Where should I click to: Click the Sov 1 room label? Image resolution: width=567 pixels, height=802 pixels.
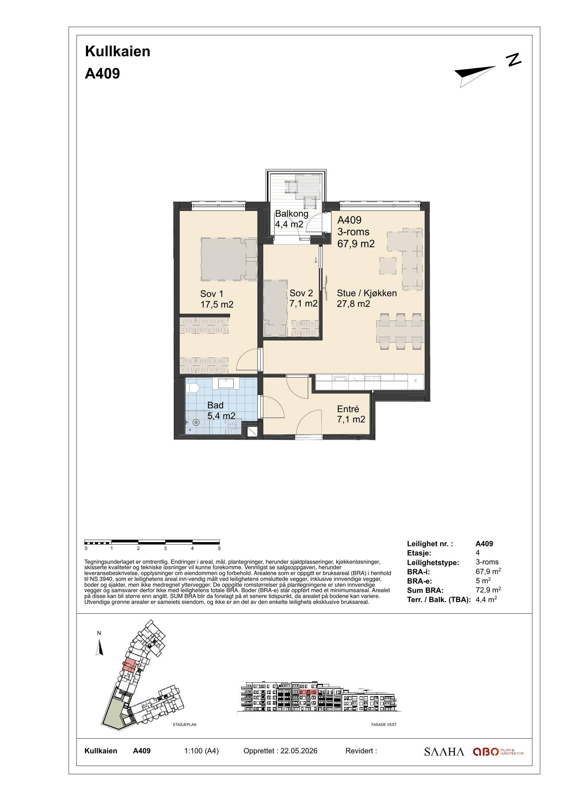tap(217, 299)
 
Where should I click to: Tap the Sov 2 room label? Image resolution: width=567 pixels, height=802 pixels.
tap(303, 298)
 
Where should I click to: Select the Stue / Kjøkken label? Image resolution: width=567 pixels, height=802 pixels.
tap(366, 298)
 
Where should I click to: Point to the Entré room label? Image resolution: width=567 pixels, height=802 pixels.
tap(351, 414)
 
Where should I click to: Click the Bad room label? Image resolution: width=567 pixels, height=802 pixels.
tap(221, 410)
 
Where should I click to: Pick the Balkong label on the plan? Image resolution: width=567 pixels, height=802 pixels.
tap(291, 219)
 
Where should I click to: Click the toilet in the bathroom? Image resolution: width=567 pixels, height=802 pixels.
tap(192, 388)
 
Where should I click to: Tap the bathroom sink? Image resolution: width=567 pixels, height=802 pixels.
tap(228, 383)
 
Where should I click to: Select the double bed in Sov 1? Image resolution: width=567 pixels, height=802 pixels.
tap(229, 259)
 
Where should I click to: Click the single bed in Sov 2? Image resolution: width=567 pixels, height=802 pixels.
tap(276, 308)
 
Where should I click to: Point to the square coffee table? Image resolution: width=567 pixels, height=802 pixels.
tap(388, 266)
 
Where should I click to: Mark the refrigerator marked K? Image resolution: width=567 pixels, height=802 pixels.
tap(415, 381)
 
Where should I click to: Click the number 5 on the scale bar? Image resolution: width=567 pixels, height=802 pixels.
tap(219, 548)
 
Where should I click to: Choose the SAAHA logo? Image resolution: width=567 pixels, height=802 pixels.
tap(444, 751)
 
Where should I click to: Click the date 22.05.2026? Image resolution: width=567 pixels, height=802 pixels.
tap(299, 751)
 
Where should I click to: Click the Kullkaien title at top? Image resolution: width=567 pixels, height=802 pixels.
tap(118, 51)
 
